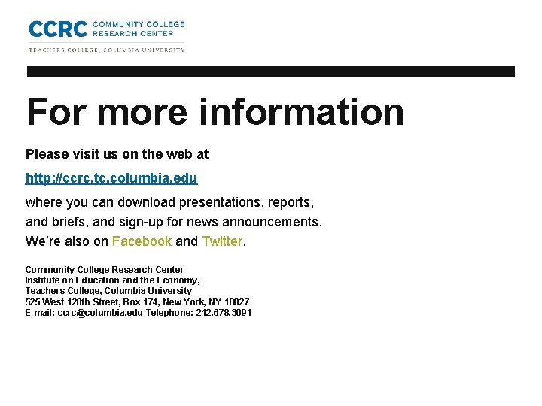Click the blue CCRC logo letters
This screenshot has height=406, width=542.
(x=57, y=29)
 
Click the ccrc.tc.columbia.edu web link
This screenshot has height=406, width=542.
(x=111, y=178)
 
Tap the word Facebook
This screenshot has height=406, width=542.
(x=142, y=241)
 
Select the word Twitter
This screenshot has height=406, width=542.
(x=222, y=241)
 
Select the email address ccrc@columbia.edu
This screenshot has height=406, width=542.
(x=100, y=312)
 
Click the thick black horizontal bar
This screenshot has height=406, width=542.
(x=271, y=71)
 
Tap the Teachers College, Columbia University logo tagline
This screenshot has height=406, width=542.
(x=106, y=50)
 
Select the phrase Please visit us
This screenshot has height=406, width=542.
(x=69, y=154)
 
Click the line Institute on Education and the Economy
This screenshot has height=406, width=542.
(x=112, y=280)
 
